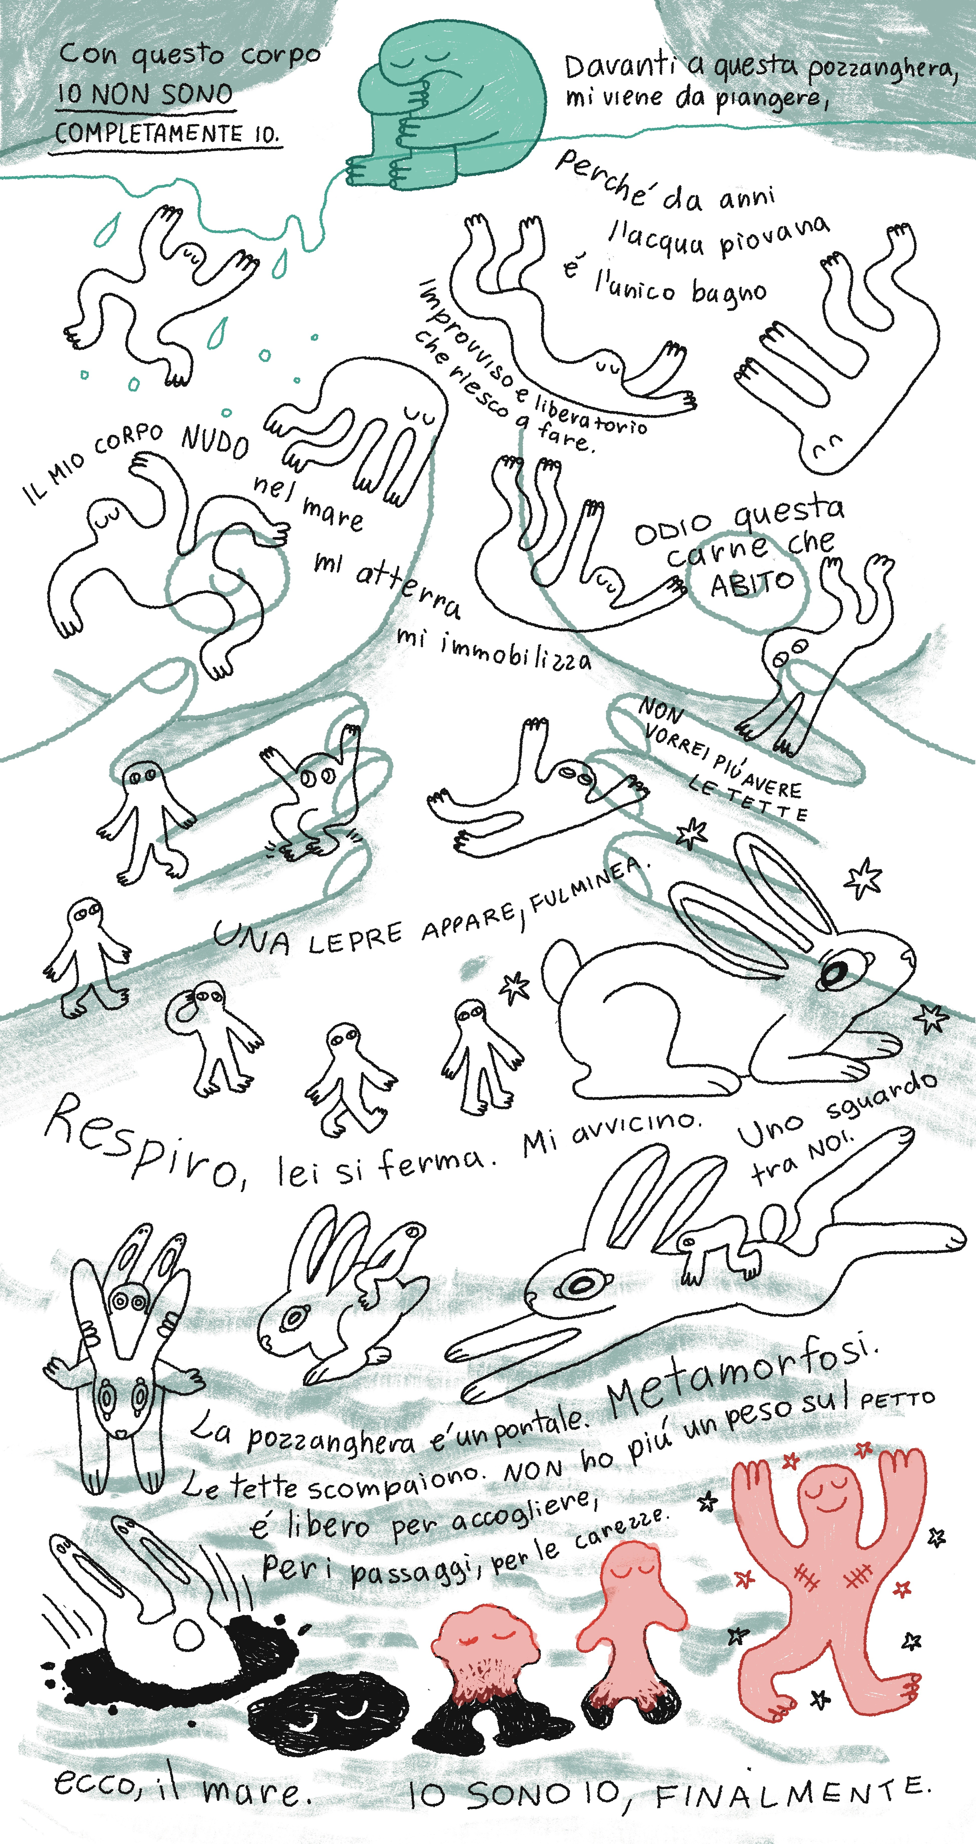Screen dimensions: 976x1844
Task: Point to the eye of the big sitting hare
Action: click(834, 971)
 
